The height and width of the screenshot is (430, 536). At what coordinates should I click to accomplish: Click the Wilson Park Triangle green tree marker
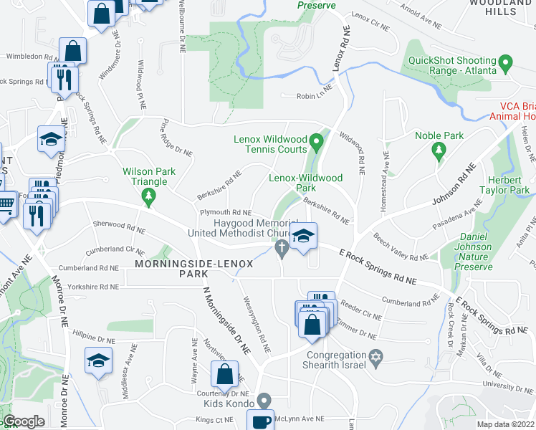click(x=148, y=196)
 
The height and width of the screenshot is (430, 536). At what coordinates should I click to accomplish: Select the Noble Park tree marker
click(x=438, y=150)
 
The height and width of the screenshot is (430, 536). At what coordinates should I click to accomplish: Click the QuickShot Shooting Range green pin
click(x=506, y=65)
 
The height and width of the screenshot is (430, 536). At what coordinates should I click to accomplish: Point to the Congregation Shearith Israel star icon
click(x=375, y=357)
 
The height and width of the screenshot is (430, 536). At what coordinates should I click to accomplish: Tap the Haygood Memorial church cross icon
click(x=282, y=248)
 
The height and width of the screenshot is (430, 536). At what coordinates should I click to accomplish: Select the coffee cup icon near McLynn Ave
click(x=263, y=421)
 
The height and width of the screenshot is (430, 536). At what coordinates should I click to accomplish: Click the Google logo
click(x=24, y=421)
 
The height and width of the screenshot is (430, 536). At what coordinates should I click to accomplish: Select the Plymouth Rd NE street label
click(x=225, y=213)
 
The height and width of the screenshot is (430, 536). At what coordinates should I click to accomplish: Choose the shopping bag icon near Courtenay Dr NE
click(x=225, y=373)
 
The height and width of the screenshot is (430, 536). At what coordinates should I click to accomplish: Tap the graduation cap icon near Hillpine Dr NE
click(x=98, y=358)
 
